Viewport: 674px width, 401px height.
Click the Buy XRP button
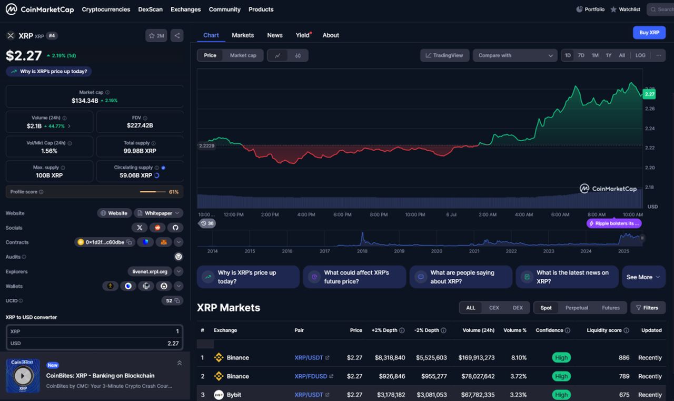pos(649,33)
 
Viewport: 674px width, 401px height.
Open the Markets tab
pos(243,35)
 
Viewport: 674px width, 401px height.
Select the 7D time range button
pos(581,55)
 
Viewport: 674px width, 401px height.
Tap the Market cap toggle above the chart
pos(243,55)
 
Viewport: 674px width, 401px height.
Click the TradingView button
pos(444,55)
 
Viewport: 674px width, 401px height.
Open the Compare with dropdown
pos(515,55)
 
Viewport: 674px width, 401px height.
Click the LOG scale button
pos(640,55)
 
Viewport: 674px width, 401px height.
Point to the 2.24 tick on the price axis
pos(650,128)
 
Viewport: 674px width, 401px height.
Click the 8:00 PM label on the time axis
pos(379,214)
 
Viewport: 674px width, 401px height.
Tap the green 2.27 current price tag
pos(649,94)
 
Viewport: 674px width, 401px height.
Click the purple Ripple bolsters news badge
pos(614,223)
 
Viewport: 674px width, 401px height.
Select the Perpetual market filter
pos(577,308)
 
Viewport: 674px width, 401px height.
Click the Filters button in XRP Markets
pos(647,308)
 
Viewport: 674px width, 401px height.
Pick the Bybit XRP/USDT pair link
pos(309,395)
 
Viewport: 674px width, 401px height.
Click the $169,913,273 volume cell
pos(478,357)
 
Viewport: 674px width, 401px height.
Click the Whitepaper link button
pos(158,213)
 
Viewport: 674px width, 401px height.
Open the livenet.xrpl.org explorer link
pos(150,271)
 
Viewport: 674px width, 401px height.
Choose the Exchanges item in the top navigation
pos(185,9)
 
